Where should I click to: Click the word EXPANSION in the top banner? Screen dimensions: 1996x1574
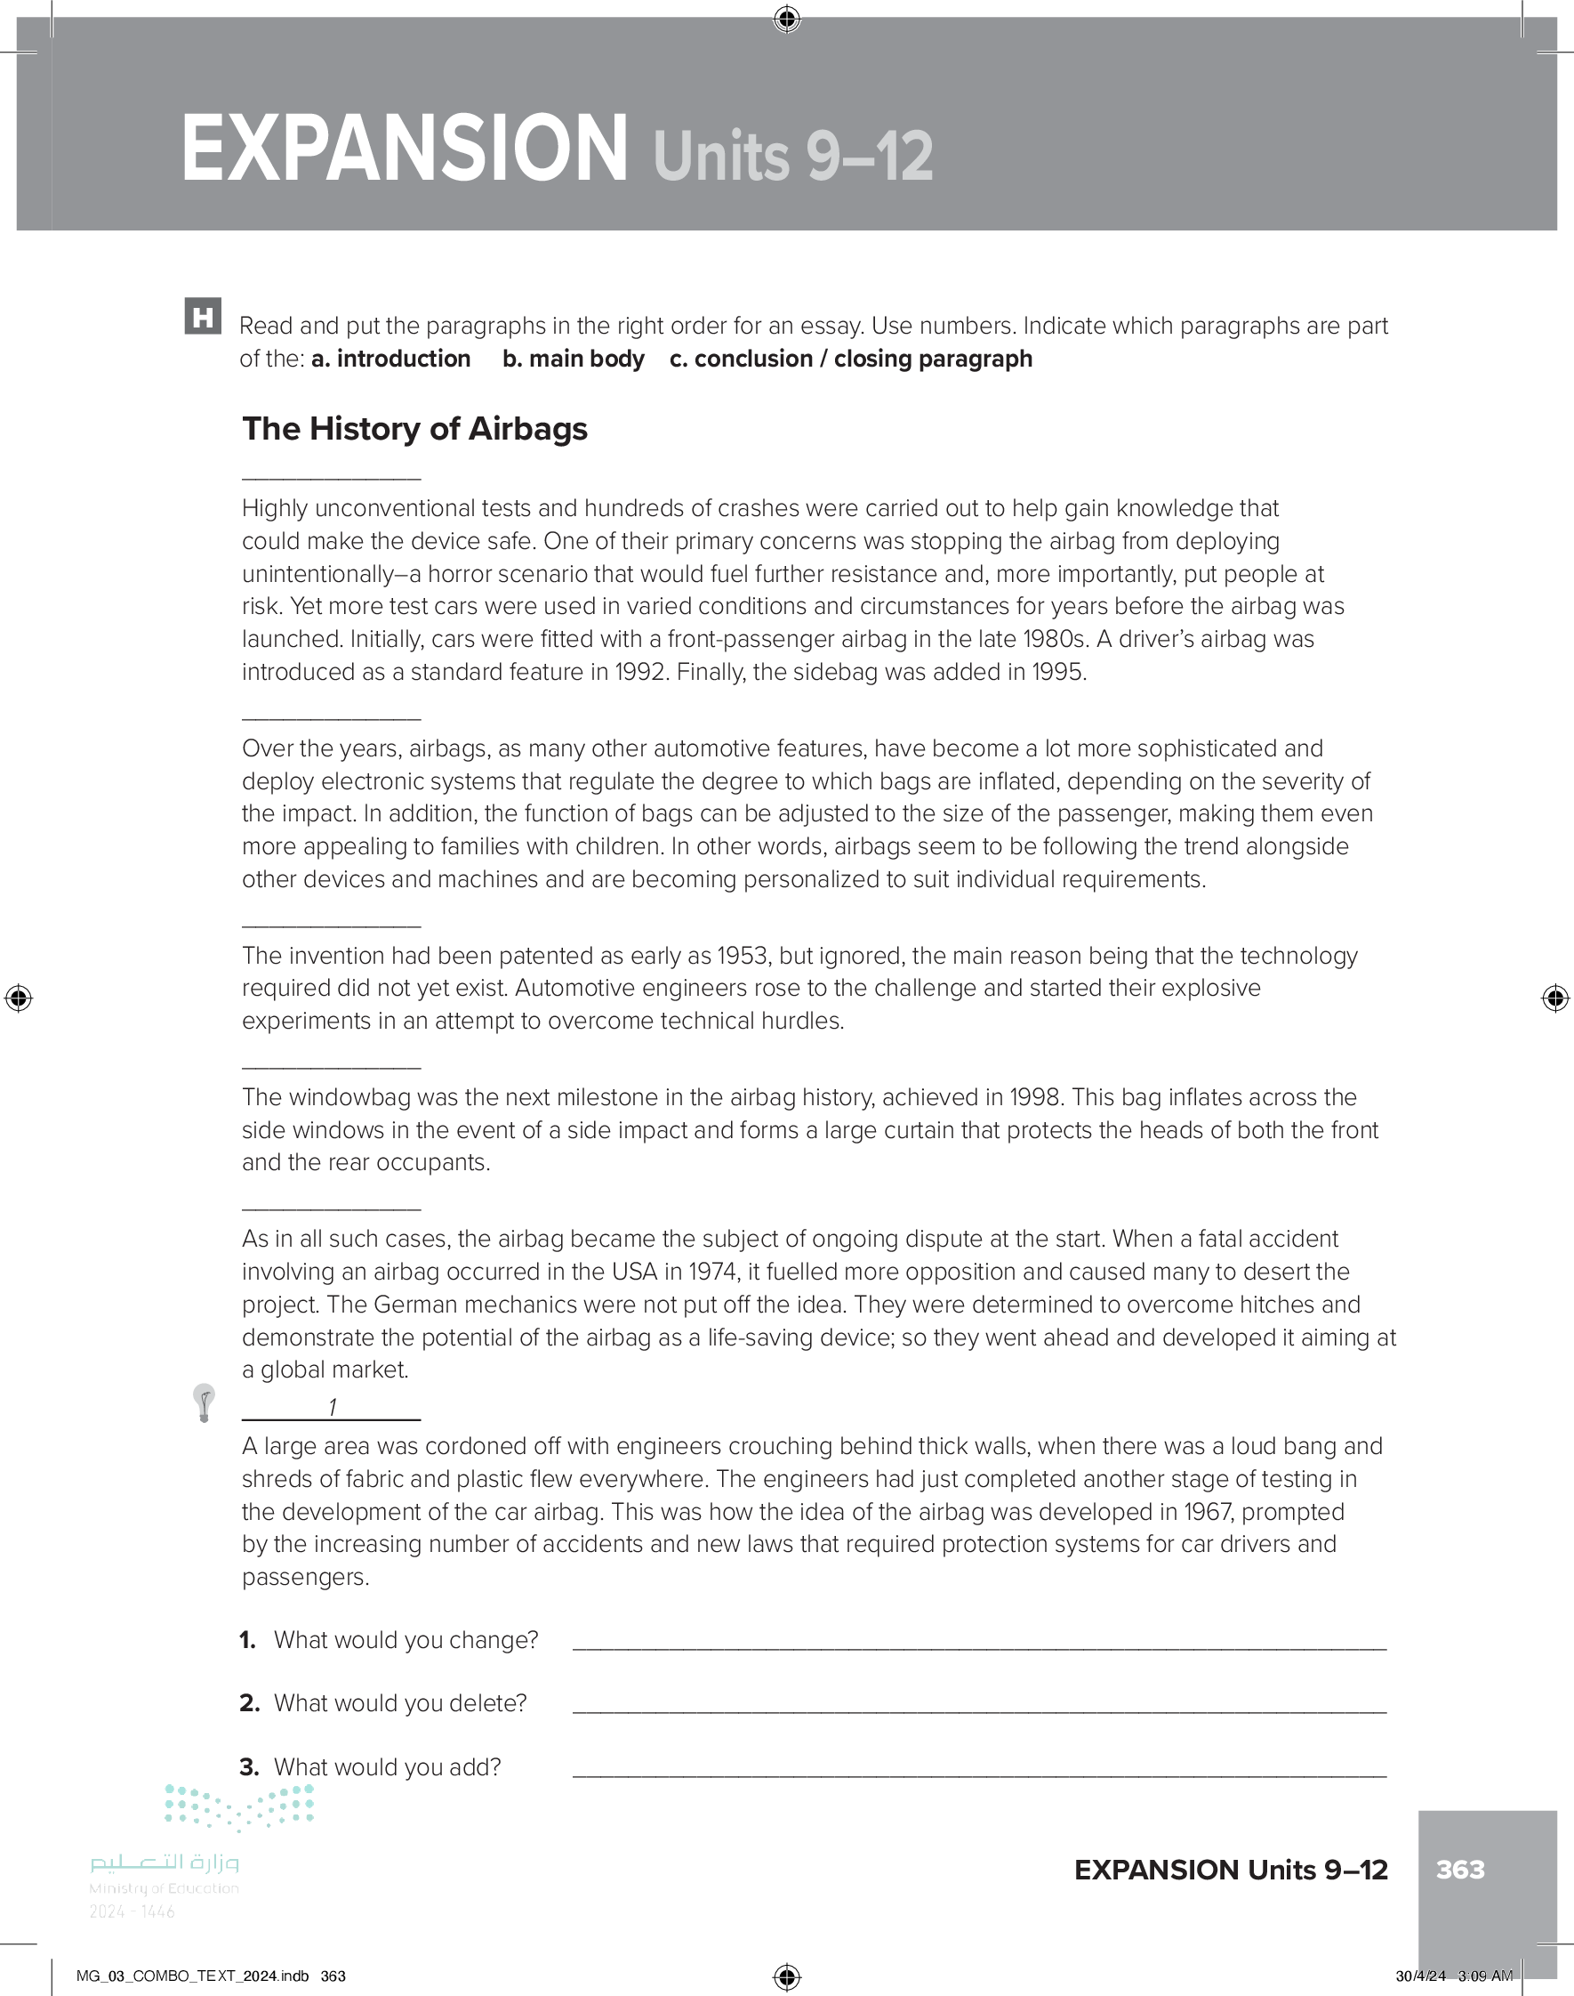[x=404, y=149]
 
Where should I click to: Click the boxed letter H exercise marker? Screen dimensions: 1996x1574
[x=203, y=316]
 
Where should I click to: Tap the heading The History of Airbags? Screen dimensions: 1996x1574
[x=414, y=429]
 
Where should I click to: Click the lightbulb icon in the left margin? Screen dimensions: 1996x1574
[x=204, y=1402]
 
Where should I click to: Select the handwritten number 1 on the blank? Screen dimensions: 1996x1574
[x=332, y=1407]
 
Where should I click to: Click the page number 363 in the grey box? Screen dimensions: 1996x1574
[x=1459, y=1869]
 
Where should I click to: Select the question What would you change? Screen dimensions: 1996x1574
[x=406, y=1640]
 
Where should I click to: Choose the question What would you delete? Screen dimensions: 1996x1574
[x=400, y=1703]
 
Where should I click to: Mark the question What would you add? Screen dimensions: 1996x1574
[x=387, y=1766]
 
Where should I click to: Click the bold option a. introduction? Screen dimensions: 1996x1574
[x=390, y=359]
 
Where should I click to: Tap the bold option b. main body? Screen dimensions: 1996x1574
[x=574, y=359]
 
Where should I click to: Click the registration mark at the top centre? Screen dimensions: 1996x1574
[x=787, y=19]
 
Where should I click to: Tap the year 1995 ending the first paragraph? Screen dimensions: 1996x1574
[x=1058, y=672]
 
